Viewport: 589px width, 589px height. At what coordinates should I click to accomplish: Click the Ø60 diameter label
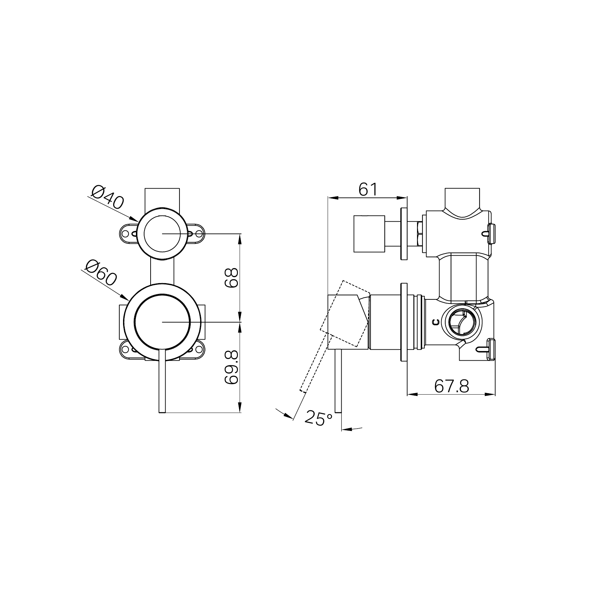point(101,273)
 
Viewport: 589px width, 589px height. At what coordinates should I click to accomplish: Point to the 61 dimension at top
point(368,189)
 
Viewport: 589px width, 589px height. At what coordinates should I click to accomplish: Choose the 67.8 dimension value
point(452,386)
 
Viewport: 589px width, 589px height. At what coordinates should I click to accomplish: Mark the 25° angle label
point(318,418)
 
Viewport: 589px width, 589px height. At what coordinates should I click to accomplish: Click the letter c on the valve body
point(436,322)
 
